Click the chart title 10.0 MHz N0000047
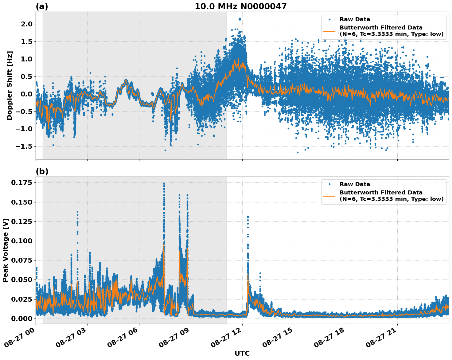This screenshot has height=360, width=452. coord(240,6)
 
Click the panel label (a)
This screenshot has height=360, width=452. coord(42,6)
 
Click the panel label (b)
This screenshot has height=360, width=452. coord(42,171)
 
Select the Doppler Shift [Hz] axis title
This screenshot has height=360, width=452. coord(10,85)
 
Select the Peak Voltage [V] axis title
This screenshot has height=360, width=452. coord(5,250)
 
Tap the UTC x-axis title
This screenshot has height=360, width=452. coord(242,353)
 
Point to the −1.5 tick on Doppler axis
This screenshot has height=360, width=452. coord(25,146)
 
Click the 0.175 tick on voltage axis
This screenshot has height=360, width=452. coord(21,183)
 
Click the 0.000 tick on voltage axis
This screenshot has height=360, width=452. coord(21,319)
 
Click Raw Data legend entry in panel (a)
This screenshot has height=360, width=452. coord(355,19)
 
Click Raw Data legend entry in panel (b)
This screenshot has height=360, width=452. coord(355,184)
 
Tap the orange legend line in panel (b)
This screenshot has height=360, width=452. coord(329,196)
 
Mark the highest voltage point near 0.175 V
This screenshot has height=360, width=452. coord(164,184)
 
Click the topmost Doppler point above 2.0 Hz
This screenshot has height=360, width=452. coord(240,19)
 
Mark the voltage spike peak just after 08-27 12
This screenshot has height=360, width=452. coord(248,217)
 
